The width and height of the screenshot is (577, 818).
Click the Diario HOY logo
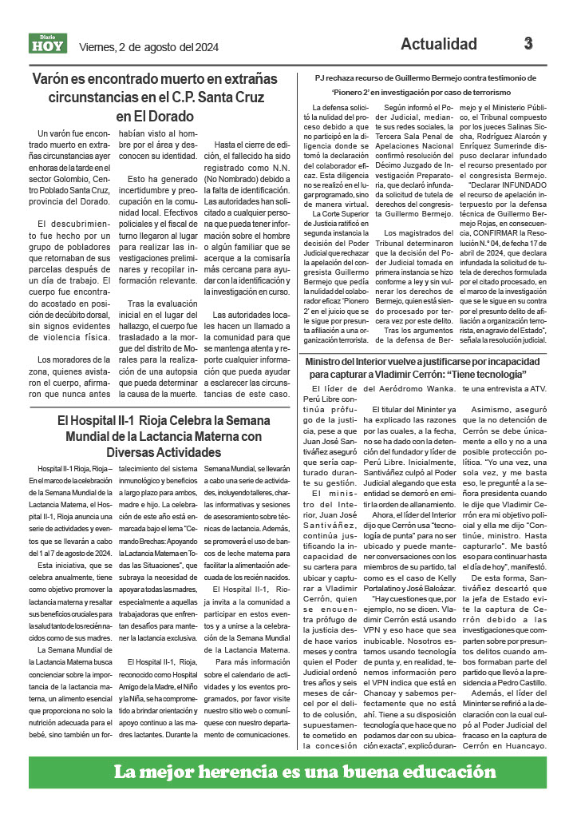(48, 44)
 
